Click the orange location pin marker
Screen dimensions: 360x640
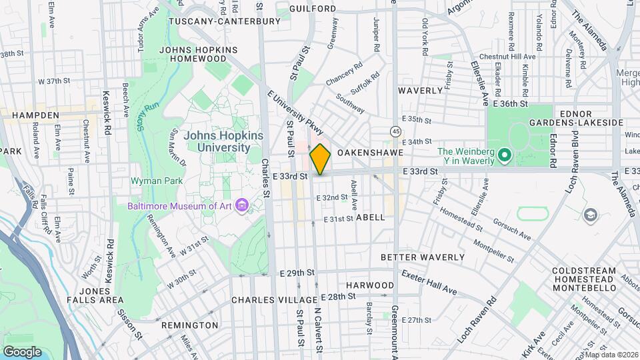pos(320,159)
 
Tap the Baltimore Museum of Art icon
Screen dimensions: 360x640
pos(243,205)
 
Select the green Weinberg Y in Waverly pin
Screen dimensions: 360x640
pos(505,157)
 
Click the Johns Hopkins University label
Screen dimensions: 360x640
pos(223,141)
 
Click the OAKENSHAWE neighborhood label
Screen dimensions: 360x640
pos(370,153)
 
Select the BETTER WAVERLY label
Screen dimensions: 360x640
pos(423,257)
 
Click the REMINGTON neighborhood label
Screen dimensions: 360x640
pos(189,325)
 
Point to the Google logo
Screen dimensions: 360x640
pos(22,351)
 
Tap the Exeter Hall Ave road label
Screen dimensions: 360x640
pos(429,282)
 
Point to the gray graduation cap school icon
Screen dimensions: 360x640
pos(589,215)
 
